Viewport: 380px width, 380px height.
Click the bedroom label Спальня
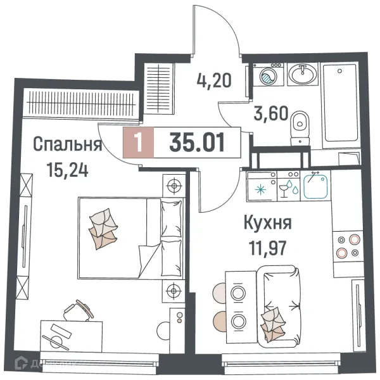(67, 145)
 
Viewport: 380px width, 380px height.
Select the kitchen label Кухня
(268, 223)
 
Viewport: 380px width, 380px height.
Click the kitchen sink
(315, 186)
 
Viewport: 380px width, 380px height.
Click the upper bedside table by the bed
(173, 186)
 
